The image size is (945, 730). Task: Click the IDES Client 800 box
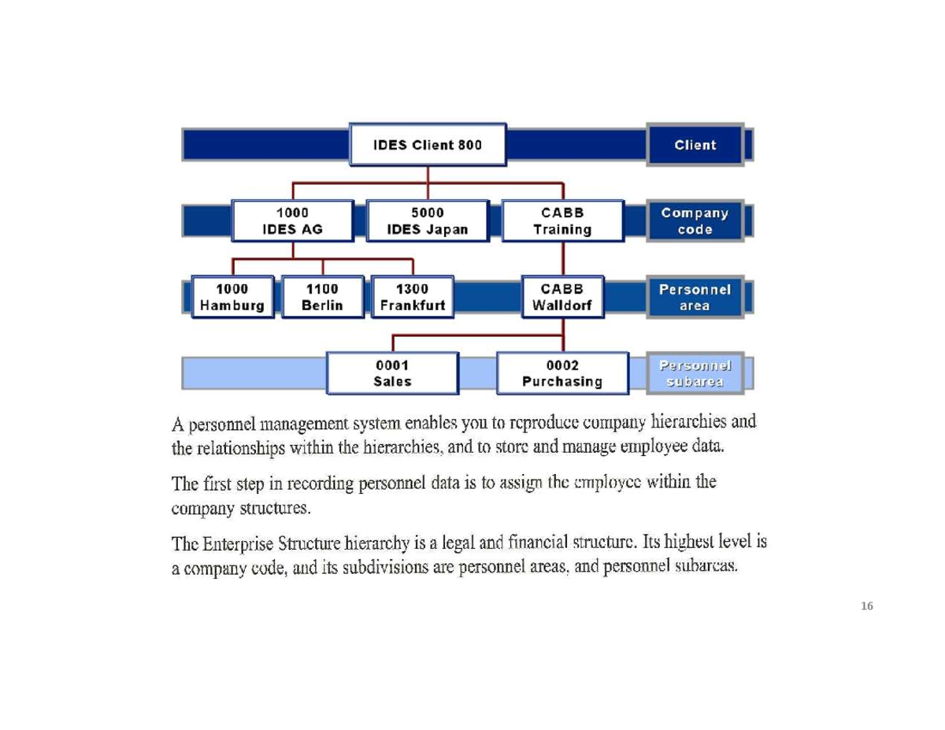428,145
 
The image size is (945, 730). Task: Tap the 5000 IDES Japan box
428,221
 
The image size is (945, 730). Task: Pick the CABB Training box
562,221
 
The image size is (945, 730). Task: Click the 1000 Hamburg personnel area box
232,297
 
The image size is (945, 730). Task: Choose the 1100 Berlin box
322,297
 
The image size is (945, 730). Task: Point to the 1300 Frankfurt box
413,297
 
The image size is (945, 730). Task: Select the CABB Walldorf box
562,297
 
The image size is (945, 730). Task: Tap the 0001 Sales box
392,373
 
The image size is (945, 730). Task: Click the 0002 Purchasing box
562,373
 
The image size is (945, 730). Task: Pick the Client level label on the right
695,145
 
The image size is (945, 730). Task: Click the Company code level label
695,221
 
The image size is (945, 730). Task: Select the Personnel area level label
695,297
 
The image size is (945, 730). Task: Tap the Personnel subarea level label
695,373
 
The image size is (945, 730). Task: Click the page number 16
867,606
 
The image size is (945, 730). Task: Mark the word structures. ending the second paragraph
276,508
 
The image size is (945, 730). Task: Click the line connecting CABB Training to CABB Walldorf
562,258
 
